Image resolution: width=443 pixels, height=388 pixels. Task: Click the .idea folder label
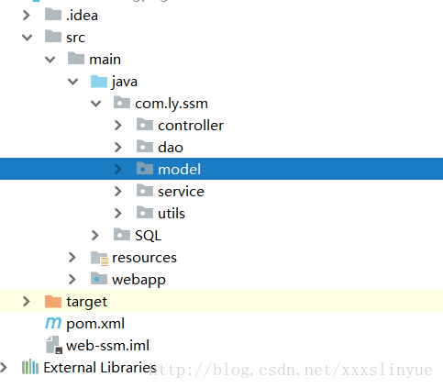point(82,16)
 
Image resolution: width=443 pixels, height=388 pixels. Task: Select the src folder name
point(75,38)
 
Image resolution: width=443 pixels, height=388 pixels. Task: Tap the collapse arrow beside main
point(50,60)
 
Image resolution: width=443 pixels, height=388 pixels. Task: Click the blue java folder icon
point(99,82)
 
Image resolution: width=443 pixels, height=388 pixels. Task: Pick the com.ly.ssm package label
point(172,104)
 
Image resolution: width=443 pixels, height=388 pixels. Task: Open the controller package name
point(191,126)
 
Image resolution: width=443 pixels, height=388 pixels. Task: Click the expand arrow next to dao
point(118,148)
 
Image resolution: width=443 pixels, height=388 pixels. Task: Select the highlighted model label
point(179,170)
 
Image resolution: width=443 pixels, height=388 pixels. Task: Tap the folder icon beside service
point(145,191)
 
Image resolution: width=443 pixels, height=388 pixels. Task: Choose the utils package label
point(172,214)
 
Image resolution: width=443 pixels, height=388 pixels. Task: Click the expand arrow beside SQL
point(95,235)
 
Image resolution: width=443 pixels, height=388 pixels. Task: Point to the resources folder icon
point(99,258)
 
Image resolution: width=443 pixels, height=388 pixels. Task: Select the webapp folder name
point(138,280)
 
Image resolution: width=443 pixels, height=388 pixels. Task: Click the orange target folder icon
point(53,302)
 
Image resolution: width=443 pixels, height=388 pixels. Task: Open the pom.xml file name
point(95,324)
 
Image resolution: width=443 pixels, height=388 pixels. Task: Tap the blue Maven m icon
point(53,323)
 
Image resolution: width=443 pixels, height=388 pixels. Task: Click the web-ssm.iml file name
point(107,346)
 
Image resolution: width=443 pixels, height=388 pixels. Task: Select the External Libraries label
point(100,368)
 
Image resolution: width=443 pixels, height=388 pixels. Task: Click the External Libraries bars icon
point(30,367)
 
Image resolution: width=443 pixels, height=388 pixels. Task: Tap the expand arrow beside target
point(27,302)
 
